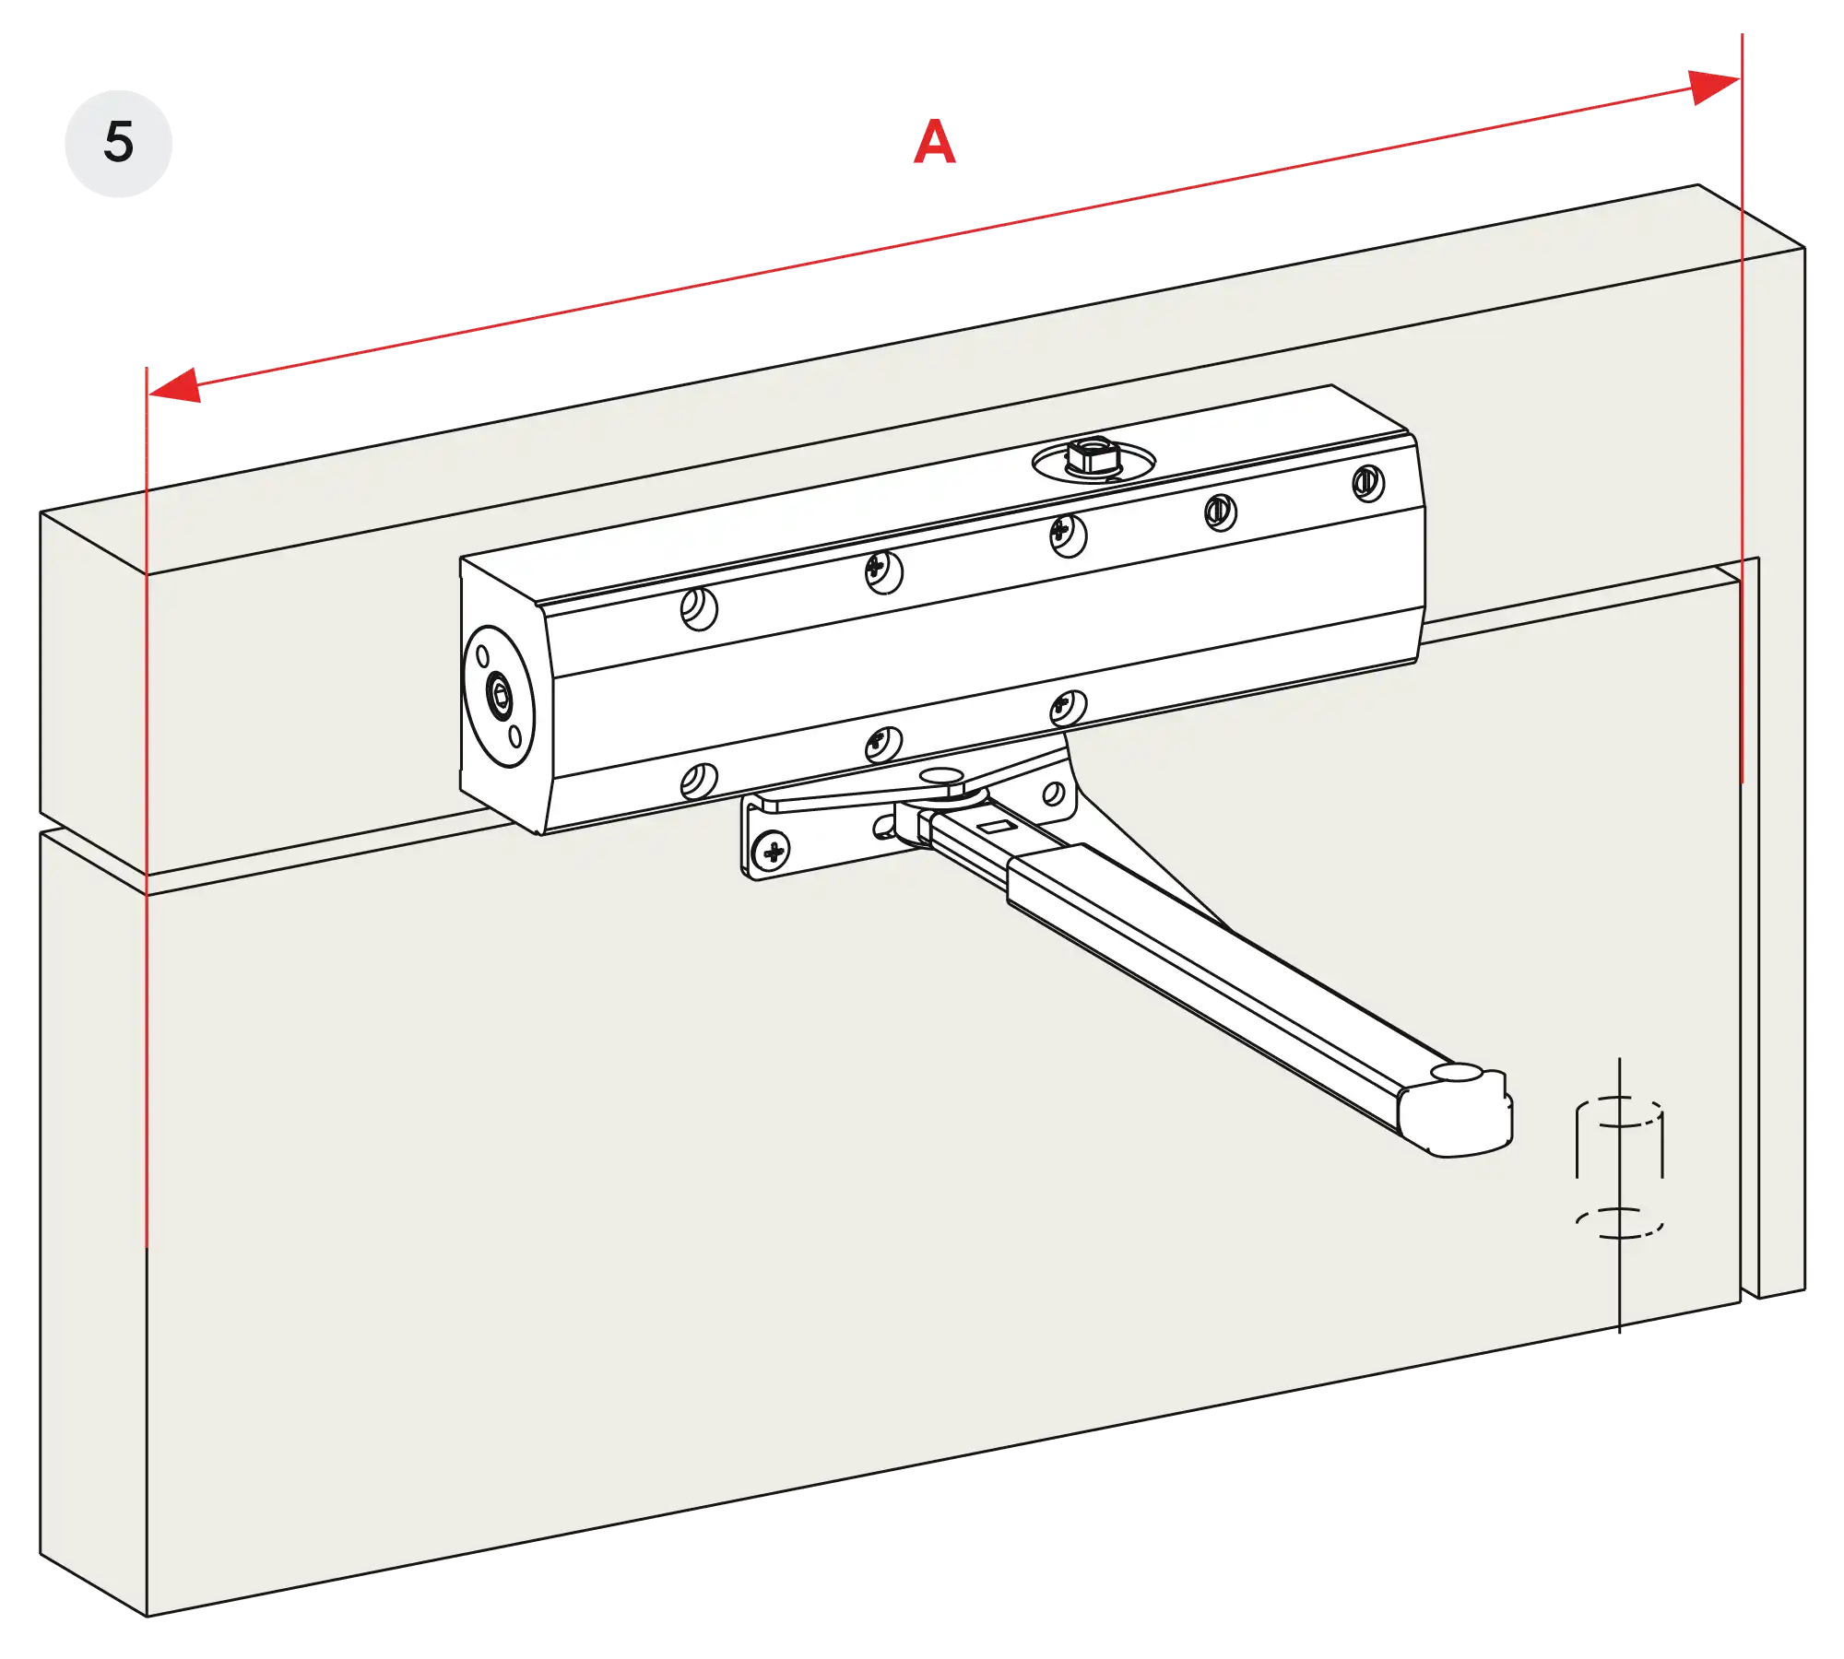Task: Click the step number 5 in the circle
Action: pos(118,143)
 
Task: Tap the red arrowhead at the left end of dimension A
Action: pos(176,386)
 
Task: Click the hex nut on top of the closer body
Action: pos(1084,457)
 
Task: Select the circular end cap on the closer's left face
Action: pos(498,695)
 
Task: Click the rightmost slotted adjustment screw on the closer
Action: pos(1367,483)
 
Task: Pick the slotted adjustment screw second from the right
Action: pos(1221,512)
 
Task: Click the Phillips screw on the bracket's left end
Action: pos(774,851)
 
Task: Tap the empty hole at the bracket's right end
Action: pos(1053,794)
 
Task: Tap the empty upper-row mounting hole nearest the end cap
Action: pos(698,608)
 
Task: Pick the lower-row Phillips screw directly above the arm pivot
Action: pos(1068,708)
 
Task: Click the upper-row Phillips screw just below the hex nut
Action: pos(1067,535)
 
